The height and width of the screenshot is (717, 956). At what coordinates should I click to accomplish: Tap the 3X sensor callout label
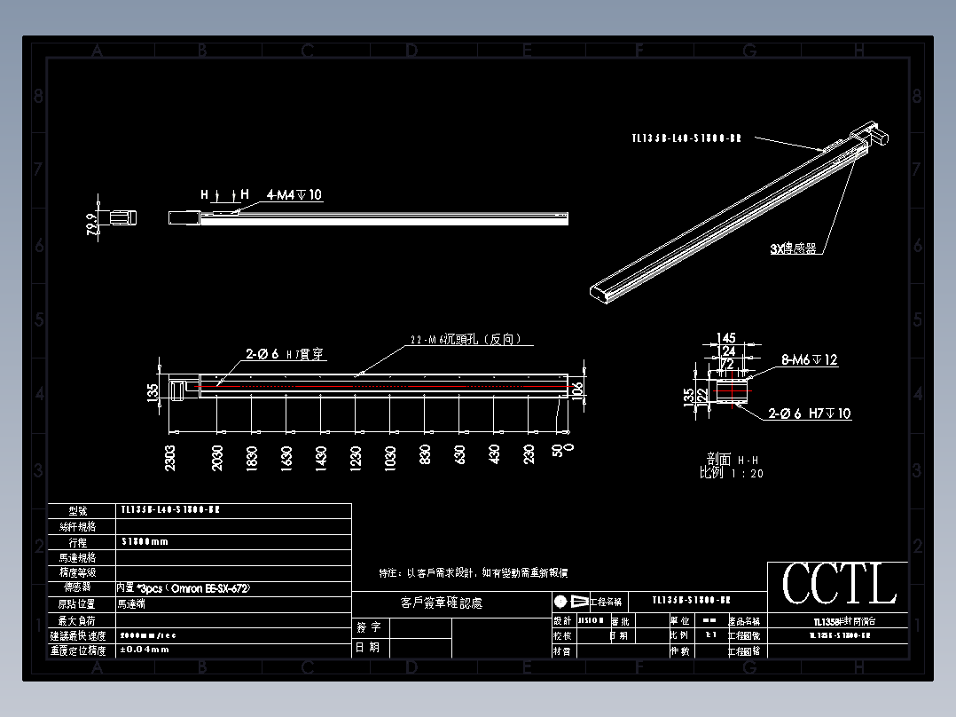(x=793, y=249)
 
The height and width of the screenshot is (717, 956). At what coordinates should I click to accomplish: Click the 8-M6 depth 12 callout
(x=810, y=360)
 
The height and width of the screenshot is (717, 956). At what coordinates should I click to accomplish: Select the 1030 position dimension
(x=389, y=457)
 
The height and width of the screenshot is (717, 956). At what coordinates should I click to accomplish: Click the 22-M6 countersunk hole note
(x=465, y=339)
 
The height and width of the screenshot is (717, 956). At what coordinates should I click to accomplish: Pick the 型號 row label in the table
(x=81, y=511)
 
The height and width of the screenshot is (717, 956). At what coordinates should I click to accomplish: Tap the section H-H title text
(x=732, y=460)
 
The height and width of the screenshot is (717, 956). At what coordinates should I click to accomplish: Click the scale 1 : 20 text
(x=732, y=474)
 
